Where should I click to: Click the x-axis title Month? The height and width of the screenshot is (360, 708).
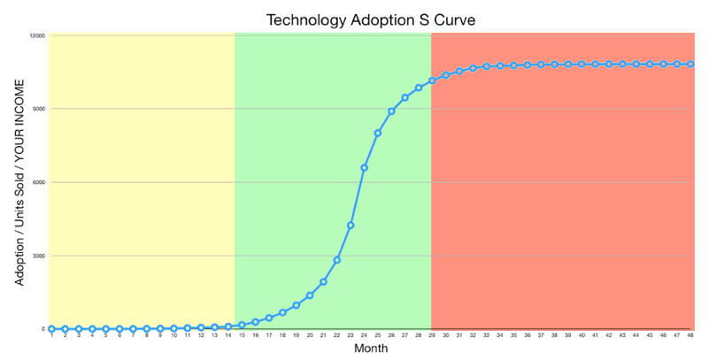coord(370,349)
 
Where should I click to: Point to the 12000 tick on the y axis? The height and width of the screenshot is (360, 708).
coord(38,35)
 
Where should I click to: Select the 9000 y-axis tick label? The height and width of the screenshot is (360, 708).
coord(39,109)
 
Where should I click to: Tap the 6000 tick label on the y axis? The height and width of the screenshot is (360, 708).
coord(39,182)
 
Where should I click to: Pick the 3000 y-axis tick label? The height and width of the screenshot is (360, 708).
coord(39,256)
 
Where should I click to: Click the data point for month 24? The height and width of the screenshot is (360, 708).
coord(364,167)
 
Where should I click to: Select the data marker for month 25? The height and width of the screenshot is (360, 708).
coord(378,133)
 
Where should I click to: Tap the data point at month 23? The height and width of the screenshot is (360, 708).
coord(350,226)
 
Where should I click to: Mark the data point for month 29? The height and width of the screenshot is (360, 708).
coord(432,80)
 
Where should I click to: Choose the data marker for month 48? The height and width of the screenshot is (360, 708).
coord(690,64)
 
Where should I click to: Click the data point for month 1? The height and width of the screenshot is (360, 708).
coord(51,328)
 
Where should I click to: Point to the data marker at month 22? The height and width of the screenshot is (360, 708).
coord(337,259)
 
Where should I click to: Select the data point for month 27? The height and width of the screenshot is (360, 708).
coord(404,97)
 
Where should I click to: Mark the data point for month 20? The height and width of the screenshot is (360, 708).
coord(310,295)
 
